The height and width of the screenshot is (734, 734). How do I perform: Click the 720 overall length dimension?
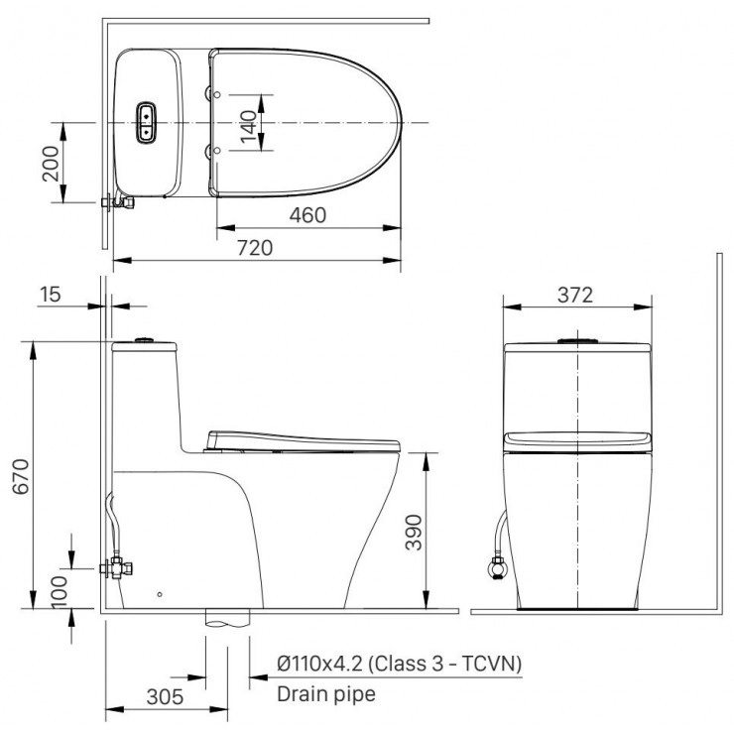tap(255, 248)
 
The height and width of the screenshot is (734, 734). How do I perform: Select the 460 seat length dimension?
tap(307, 214)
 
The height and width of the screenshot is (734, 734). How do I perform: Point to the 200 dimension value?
tap(51, 163)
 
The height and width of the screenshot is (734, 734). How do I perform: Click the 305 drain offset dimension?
tap(164, 696)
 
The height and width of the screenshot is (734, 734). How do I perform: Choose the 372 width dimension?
tap(574, 294)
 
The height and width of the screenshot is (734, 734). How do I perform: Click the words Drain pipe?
tap(326, 694)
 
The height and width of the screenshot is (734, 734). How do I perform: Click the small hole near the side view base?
tap(161, 595)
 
